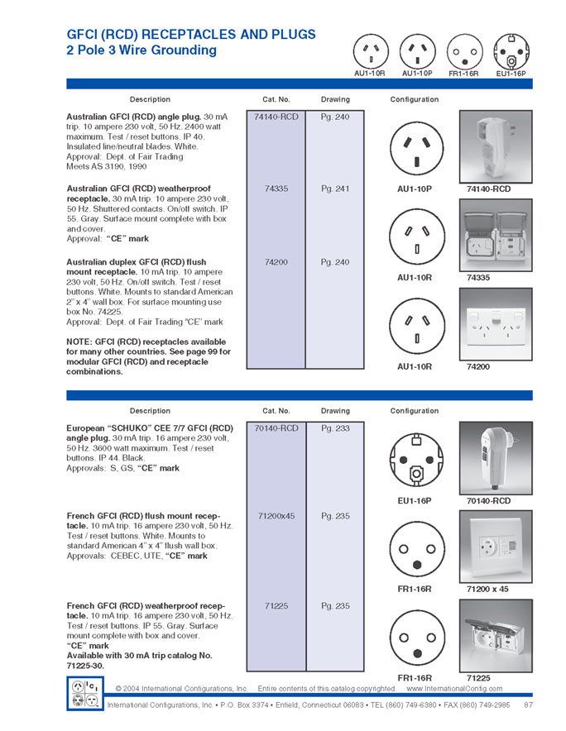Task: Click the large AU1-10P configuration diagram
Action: coord(414,147)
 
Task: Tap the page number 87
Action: coord(528,705)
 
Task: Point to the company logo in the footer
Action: coord(85,692)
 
